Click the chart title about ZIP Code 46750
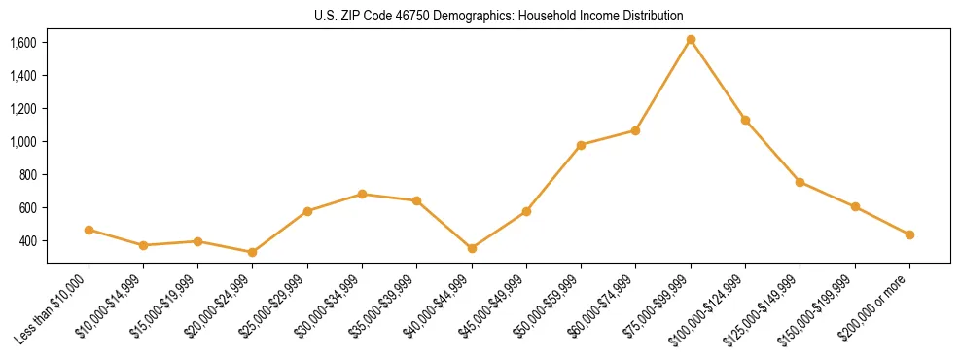point(499,16)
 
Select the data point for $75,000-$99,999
point(691,40)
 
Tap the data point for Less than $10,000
point(89,230)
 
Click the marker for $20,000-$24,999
point(253,252)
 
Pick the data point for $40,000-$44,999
point(472,248)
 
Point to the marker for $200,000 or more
point(909,234)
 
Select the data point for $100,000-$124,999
point(745,120)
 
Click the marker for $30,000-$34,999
point(362,194)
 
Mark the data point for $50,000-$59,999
point(581,145)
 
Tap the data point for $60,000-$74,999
point(635,130)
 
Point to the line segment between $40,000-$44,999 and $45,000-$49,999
point(499,230)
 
